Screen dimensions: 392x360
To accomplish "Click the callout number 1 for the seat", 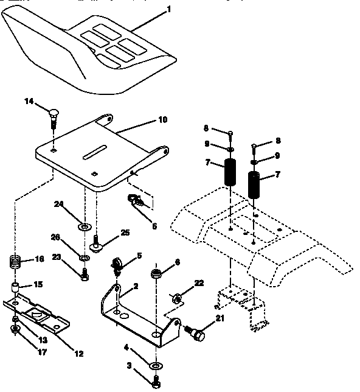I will [x=168, y=9].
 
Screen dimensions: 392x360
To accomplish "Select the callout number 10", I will [x=162, y=120].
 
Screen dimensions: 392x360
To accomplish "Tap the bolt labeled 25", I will [x=95, y=247].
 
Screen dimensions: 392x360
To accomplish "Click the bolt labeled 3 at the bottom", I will [x=156, y=383].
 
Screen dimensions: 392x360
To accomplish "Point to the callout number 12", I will [x=80, y=353].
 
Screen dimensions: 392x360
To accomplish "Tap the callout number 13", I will [x=43, y=339].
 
